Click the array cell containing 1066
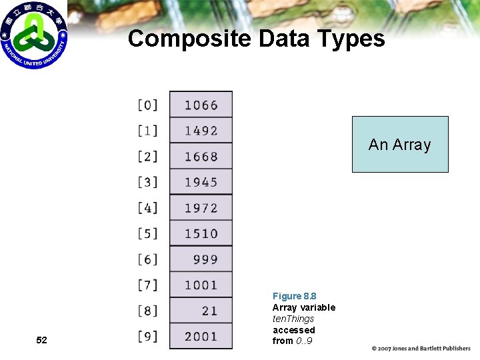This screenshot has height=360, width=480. point(201,105)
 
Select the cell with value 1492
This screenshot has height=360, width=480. point(201,131)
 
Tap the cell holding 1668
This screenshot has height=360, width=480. point(201,156)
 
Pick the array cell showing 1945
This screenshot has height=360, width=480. point(201,182)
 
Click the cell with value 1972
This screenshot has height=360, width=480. point(201,207)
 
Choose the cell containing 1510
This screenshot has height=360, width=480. point(201,233)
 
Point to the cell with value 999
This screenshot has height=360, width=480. point(201,259)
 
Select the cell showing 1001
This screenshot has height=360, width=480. point(201,285)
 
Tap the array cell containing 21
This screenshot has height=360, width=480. point(201,311)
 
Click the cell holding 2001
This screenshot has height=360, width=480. point(201,336)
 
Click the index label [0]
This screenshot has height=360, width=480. point(148,105)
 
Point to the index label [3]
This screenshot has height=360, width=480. point(148,182)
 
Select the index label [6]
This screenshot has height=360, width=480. point(148,259)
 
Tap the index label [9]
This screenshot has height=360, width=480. point(148,336)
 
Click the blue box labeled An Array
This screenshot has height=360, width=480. point(400,144)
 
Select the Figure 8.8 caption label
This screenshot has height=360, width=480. point(294,296)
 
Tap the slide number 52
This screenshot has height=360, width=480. point(41,340)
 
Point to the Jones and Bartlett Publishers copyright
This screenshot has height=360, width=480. point(421,349)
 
